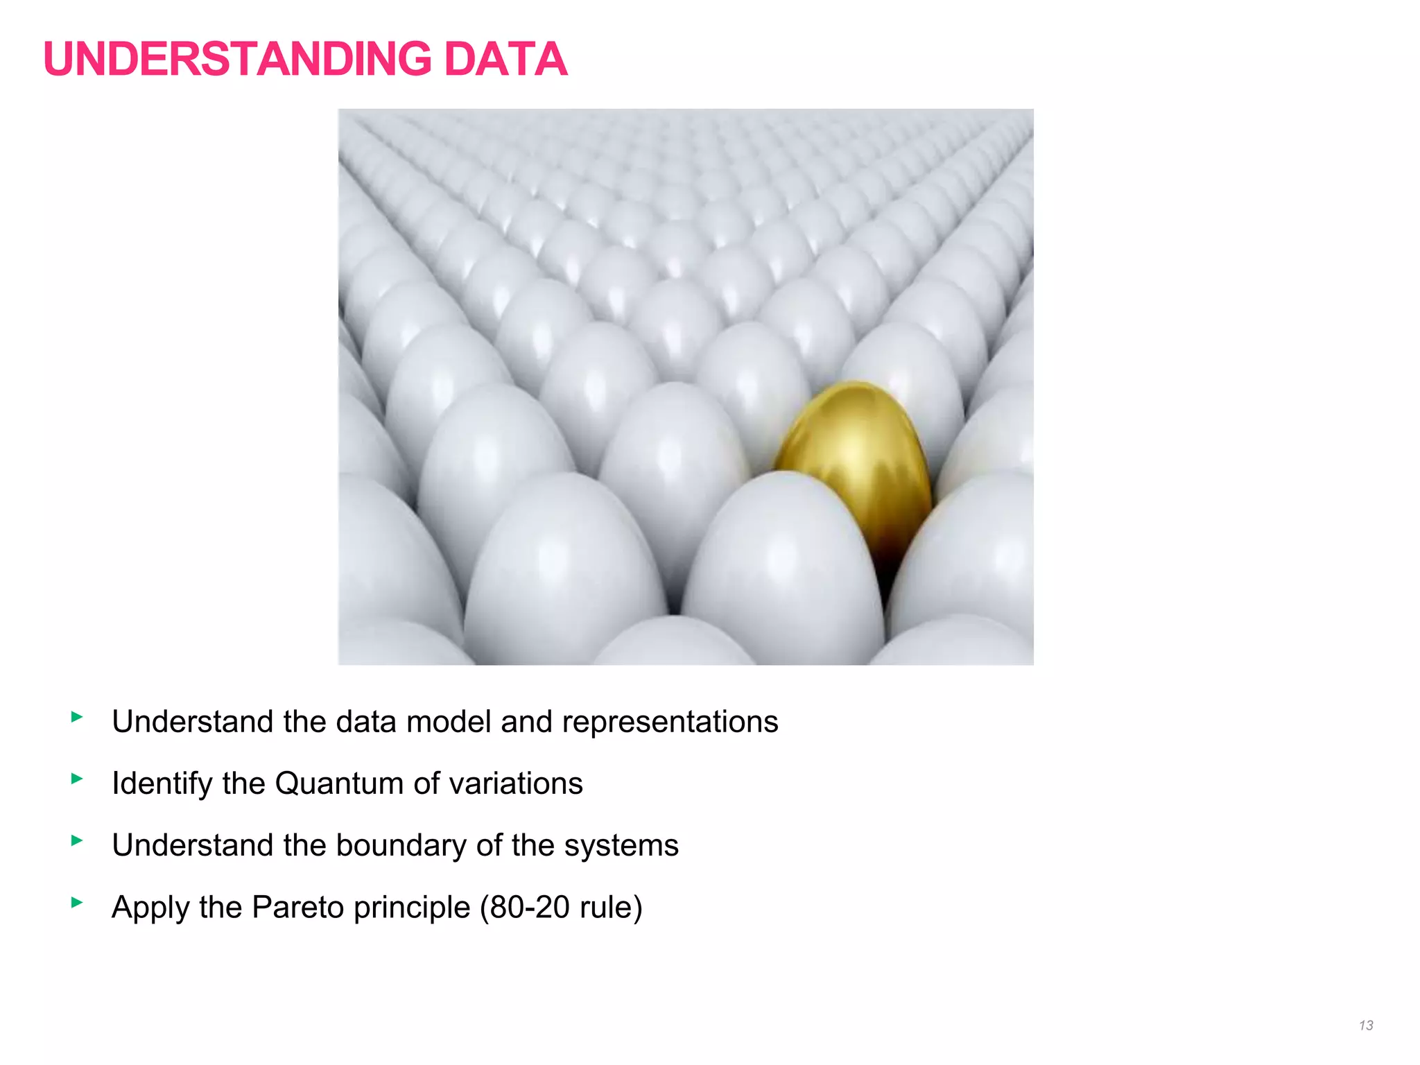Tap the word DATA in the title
click(x=505, y=60)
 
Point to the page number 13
click(x=1366, y=1025)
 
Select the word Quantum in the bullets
click(x=339, y=783)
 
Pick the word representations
click(x=670, y=722)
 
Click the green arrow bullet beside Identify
click(x=77, y=779)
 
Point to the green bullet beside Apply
click(x=77, y=902)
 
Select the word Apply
click(x=150, y=907)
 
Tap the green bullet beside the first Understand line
click(x=77, y=717)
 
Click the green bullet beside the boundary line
click(x=77, y=840)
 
